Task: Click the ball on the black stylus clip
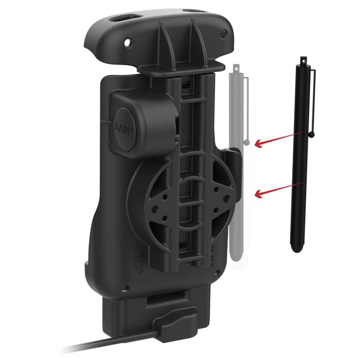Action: pos(312,135)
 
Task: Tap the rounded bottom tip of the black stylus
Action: pos(296,249)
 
